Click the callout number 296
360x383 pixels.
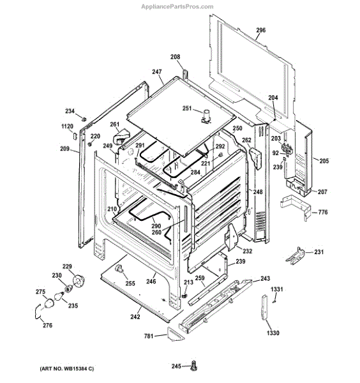pyautogui.click(x=260, y=30)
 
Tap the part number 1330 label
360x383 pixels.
pyautogui.click(x=273, y=333)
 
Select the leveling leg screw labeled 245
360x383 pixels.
pyautogui.click(x=194, y=365)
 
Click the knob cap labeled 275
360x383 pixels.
pyautogui.click(x=49, y=303)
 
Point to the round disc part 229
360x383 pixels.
pyautogui.click(x=79, y=281)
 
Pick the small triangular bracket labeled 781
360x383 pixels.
pyautogui.click(x=176, y=334)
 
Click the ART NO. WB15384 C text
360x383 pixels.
pyautogui.click(x=66, y=368)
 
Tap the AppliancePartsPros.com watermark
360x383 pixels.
pyautogui.click(x=177, y=6)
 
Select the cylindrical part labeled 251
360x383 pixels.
pyautogui.click(x=207, y=116)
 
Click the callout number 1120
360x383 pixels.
pyautogui.click(x=67, y=126)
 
